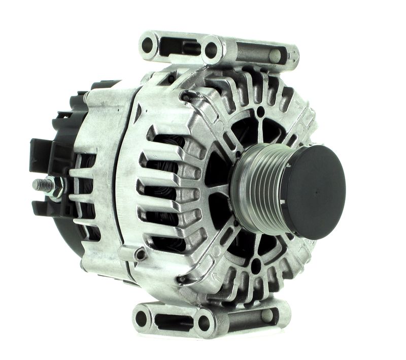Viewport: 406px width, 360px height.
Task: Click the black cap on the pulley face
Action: click(x=315, y=191)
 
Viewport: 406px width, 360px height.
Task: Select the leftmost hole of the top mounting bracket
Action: click(x=148, y=45)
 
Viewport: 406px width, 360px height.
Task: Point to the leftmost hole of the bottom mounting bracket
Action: click(x=142, y=318)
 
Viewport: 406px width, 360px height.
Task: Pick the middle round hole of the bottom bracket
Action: click(x=204, y=321)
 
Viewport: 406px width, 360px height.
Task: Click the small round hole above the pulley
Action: click(x=260, y=111)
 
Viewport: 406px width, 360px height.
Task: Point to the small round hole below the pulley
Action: click(x=256, y=264)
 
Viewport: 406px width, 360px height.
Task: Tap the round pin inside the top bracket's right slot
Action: click(x=275, y=55)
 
